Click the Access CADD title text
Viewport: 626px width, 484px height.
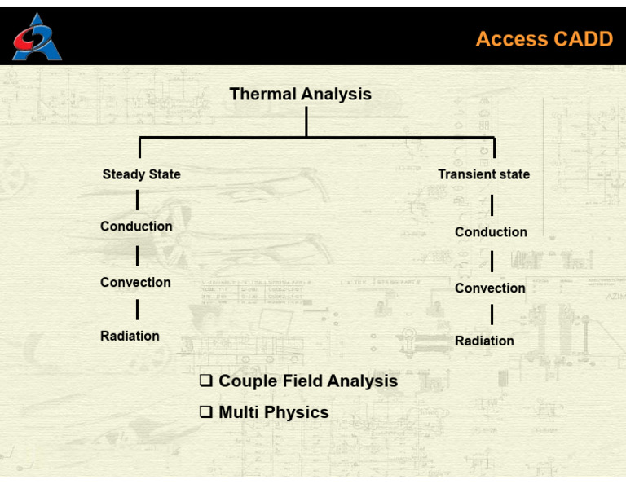(544, 39)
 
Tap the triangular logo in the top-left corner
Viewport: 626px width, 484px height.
(36, 38)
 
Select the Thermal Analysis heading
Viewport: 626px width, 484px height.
(300, 94)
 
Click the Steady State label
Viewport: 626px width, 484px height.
(142, 174)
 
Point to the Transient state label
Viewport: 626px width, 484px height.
(483, 174)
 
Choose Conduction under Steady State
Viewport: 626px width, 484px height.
(136, 227)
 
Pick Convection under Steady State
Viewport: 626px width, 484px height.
(135, 282)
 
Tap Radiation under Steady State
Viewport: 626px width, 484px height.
(130, 336)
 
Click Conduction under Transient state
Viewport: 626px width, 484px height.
(491, 232)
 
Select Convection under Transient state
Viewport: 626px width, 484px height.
(490, 288)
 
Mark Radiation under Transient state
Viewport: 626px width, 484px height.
(484, 341)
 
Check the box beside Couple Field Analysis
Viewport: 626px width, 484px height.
(206, 381)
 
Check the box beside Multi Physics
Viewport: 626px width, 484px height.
(206, 412)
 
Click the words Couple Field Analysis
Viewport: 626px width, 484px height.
(308, 381)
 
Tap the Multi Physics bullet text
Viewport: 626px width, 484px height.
(274, 412)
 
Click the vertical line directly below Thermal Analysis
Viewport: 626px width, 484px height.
(306, 121)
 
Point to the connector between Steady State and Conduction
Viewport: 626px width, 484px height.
(137, 200)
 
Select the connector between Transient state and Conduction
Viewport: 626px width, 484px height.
(492, 205)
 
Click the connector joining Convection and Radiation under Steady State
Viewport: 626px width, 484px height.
(137, 309)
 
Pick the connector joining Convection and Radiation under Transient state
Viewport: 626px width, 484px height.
(492, 315)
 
